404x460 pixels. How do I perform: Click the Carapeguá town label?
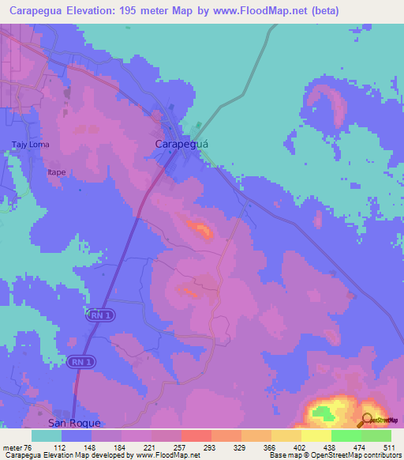pos(181,145)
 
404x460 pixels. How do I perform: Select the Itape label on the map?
pos(56,171)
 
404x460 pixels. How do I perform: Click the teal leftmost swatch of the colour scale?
pos(46,435)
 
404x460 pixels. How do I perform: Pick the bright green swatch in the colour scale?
pos(376,435)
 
